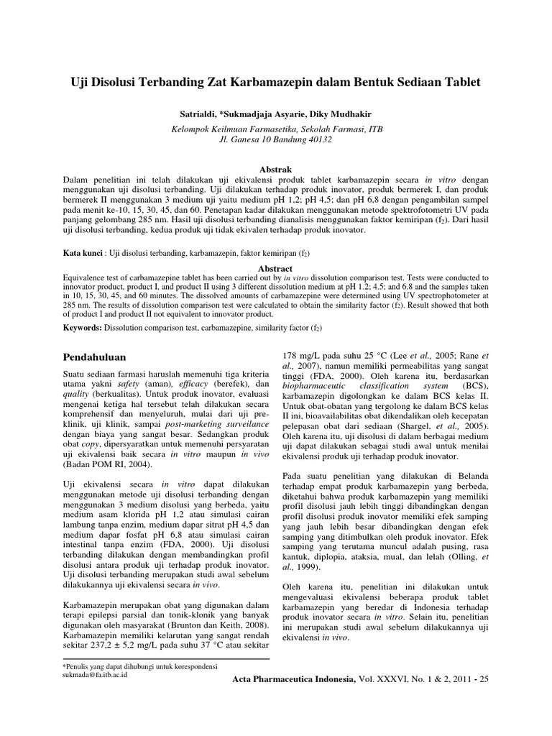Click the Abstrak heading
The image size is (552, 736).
pyautogui.click(x=275, y=164)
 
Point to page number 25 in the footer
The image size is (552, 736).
pyautogui.click(x=482, y=679)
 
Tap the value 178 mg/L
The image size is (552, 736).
pyautogui.click(x=298, y=354)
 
